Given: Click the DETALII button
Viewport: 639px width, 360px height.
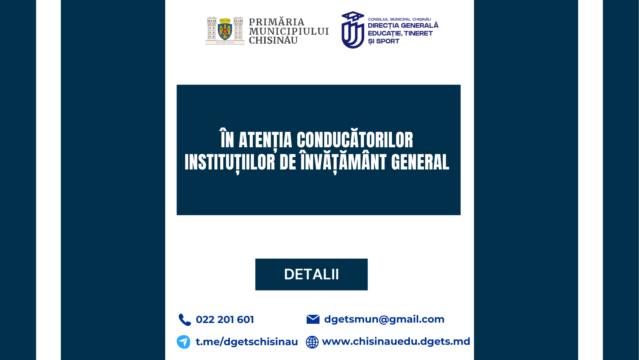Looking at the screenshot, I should pos(311,274).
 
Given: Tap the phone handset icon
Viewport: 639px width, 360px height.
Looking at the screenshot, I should pos(184,319).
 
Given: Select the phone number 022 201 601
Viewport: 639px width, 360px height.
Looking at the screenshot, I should pos(225,319).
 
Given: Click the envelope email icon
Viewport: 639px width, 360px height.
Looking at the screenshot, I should pos(313,319).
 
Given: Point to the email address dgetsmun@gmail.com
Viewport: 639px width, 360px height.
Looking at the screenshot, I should pos(384,319).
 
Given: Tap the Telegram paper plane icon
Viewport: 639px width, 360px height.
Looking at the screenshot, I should pos(184,342).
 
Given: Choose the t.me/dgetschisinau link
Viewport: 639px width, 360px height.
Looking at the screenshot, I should pos(247,342).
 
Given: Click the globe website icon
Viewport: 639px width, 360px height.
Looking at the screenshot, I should pos(312,342).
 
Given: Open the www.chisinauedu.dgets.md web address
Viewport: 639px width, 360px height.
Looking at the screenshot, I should pos(396,341).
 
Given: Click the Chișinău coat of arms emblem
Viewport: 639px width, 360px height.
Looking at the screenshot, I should pos(225,30).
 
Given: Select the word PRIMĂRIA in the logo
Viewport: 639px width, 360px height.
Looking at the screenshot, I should pos(276,22).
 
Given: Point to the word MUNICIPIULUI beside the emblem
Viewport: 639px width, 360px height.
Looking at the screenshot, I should pos(289,31).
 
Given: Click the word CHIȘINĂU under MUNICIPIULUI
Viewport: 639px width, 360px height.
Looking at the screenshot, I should pos(273,41).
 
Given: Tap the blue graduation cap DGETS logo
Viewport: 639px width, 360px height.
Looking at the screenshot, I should pos(353,30).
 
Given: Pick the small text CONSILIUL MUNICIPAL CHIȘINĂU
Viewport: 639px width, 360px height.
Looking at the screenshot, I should pos(399,19).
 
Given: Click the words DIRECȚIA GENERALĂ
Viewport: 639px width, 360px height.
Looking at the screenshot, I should pos(403,26).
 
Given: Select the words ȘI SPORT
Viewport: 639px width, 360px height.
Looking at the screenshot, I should pos(383,41).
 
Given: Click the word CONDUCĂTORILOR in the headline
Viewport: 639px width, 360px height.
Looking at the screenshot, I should pos(355,140).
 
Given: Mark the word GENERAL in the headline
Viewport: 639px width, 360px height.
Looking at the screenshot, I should pos(420,162).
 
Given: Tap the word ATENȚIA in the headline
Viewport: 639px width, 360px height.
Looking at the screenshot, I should pos(265,140).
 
